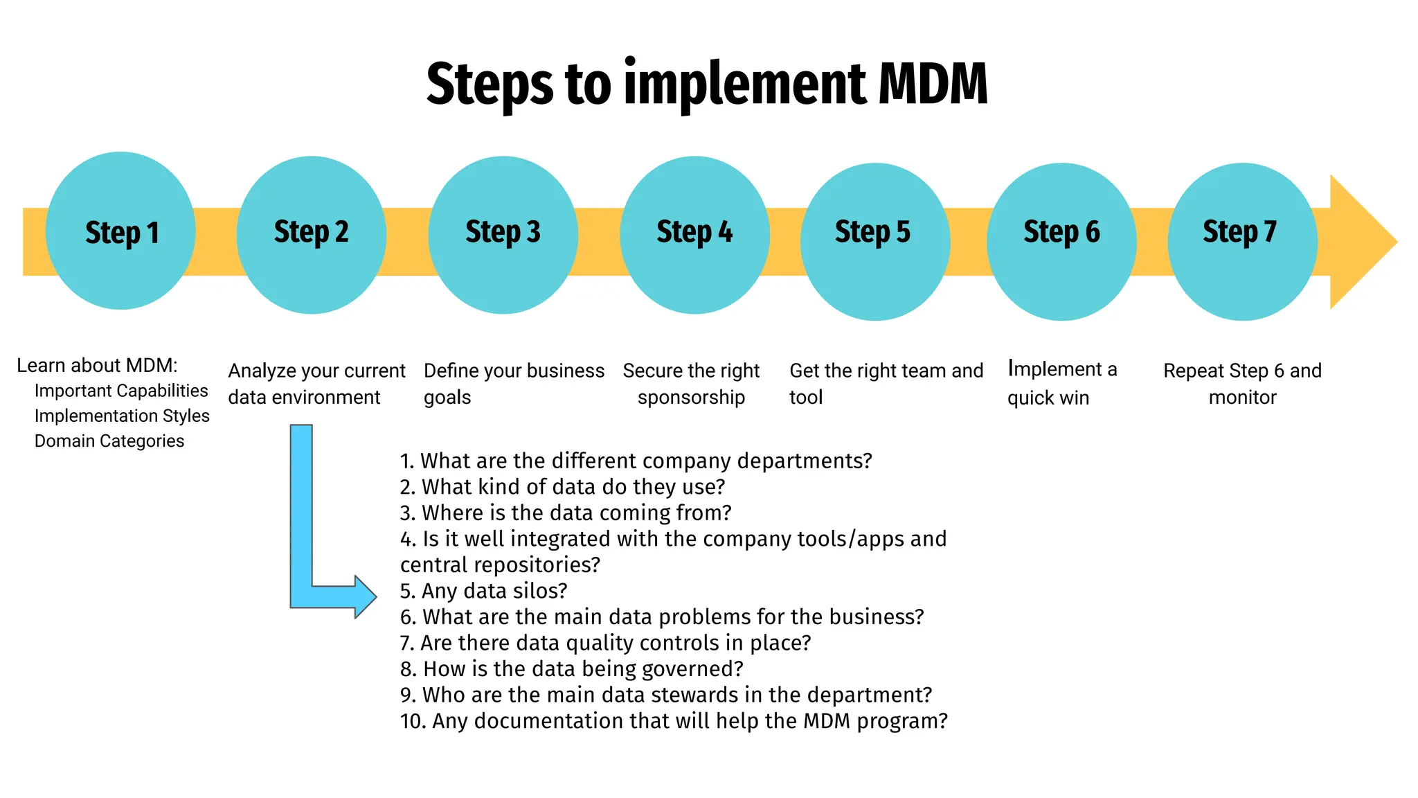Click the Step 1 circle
click(120, 231)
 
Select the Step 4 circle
click(694, 235)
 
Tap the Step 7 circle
click(1242, 242)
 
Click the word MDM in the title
click(933, 84)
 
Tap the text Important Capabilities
click(121, 391)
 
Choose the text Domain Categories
click(109, 441)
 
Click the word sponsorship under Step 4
click(691, 398)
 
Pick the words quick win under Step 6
click(1048, 398)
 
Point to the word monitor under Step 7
click(1242, 398)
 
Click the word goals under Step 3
click(447, 398)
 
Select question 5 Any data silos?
click(483, 591)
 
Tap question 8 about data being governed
click(571, 669)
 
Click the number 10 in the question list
click(412, 721)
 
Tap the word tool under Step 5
click(806, 398)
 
